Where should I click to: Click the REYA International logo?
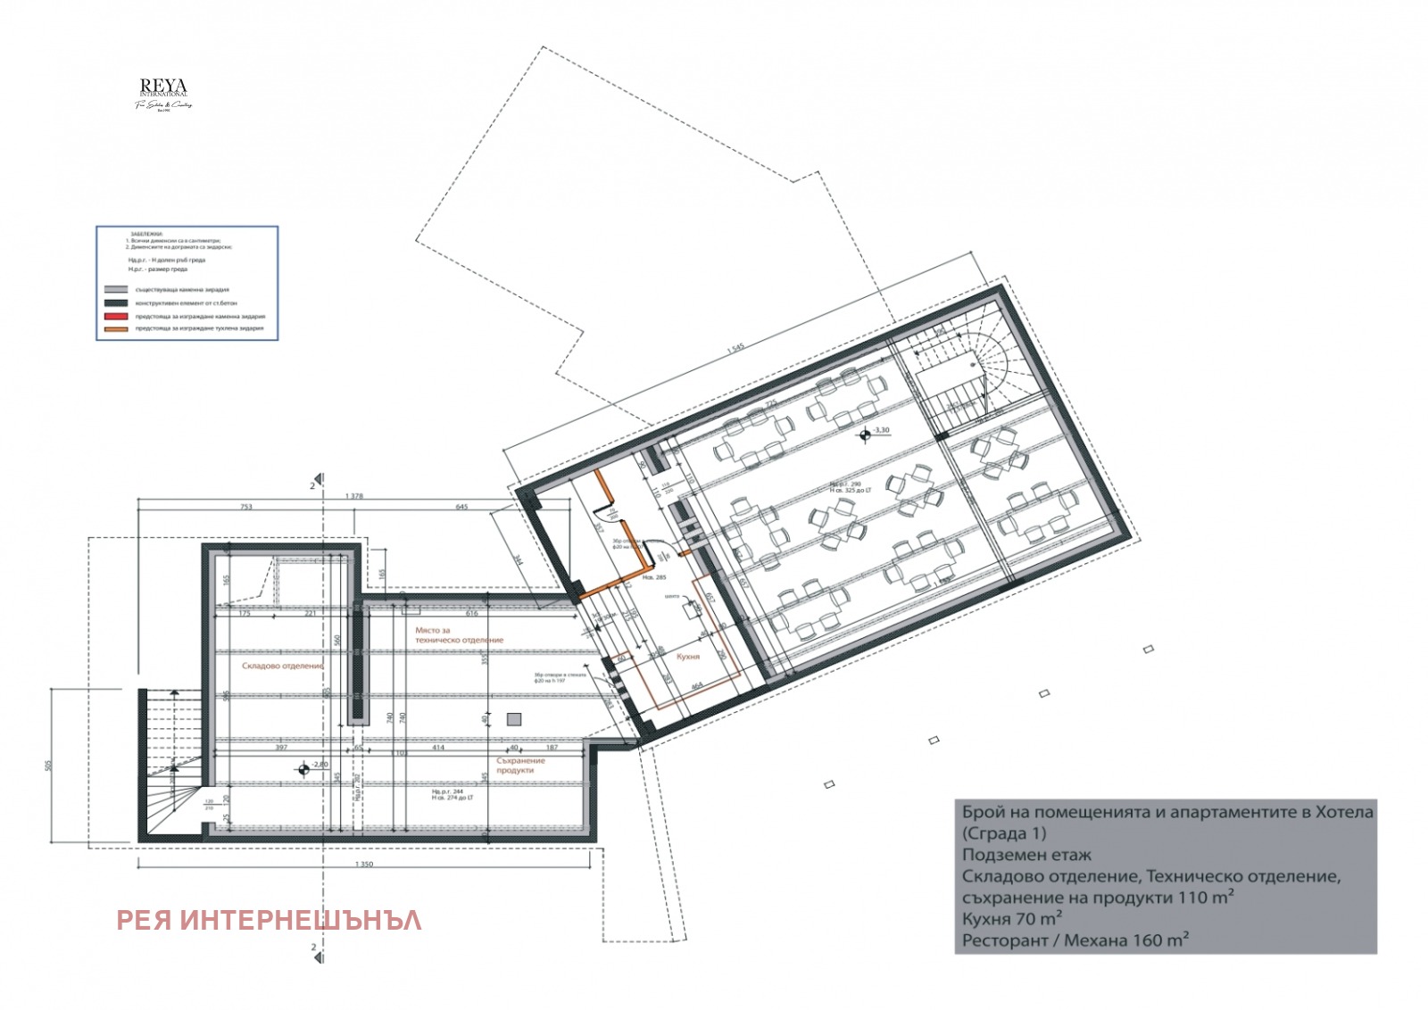pyautogui.click(x=163, y=94)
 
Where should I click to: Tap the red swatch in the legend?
pyautogui.click(x=115, y=316)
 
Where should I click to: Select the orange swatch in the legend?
pyautogui.click(x=115, y=328)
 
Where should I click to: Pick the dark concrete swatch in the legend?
pyautogui.click(x=115, y=303)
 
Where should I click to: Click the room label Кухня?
pyautogui.click(x=688, y=657)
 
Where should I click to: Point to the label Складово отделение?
pyautogui.click(x=283, y=666)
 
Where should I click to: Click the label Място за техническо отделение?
pyautogui.click(x=459, y=635)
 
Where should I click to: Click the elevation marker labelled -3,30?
pyautogui.click(x=865, y=435)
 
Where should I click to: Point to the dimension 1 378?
pyautogui.click(x=354, y=495)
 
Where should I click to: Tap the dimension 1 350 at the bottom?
pyautogui.click(x=364, y=865)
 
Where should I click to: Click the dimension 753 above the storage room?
pyautogui.click(x=245, y=507)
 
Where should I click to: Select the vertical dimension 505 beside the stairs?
pyautogui.click(x=49, y=765)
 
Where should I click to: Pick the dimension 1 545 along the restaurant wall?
pyautogui.click(x=735, y=348)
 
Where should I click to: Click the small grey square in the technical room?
pyautogui.click(x=513, y=718)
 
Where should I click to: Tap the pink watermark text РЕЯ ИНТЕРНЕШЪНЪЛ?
pyautogui.click(x=269, y=920)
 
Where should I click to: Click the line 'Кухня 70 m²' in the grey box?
pyautogui.click(x=1012, y=918)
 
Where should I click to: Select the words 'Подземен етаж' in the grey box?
pyautogui.click(x=1026, y=855)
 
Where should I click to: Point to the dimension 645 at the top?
pyautogui.click(x=461, y=507)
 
